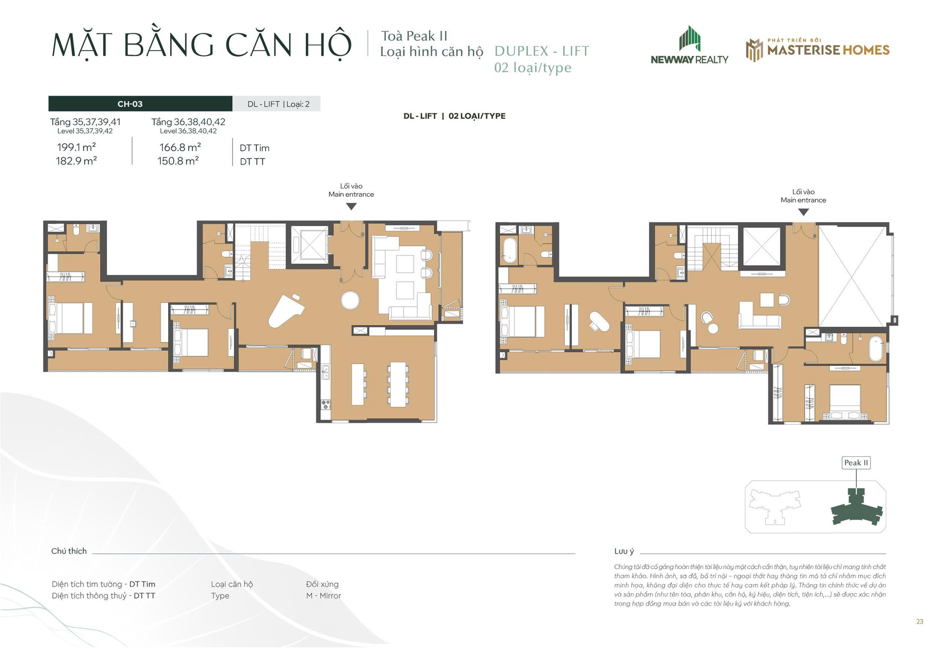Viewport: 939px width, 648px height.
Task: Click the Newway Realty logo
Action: point(689,45)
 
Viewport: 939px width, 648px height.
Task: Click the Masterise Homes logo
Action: point(817,50)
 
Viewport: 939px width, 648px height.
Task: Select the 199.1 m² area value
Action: point(76,147)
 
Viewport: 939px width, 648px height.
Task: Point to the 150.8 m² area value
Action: point(178,161)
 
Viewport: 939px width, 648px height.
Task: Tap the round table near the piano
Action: point(350,300)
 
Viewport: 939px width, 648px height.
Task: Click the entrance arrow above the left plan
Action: point(351,206)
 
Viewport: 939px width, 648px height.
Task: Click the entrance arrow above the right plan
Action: point(804,212)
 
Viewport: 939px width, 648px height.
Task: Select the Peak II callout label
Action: point(856,463)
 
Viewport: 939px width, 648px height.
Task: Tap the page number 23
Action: point(919,622)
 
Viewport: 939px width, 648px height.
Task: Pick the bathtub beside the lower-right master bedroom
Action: point(876,348)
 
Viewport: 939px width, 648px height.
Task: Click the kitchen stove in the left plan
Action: point(326,404)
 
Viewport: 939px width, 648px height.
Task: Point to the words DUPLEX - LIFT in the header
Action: point(542,51)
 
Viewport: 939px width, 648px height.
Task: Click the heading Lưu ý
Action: point(624,551)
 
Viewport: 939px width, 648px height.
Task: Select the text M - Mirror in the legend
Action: point(323,596)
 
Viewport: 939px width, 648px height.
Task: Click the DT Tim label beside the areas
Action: point(254,148)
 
